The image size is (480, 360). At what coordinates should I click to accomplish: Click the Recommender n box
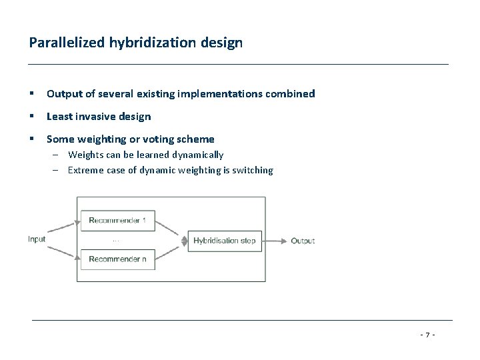(117, 259)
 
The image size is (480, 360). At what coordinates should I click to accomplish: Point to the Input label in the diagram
(37, 239)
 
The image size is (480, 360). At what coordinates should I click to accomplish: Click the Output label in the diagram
(303, 240)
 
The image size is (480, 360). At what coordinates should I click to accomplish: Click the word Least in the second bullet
(59, 117)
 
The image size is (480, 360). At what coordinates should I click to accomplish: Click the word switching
(253, 170)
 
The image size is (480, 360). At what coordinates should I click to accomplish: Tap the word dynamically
(198, 155)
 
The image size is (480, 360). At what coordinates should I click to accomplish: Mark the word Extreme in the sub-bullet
(84, 170)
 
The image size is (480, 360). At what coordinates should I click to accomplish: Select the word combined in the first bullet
(291, 94)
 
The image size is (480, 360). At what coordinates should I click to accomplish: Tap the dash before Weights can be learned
(58, 155)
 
